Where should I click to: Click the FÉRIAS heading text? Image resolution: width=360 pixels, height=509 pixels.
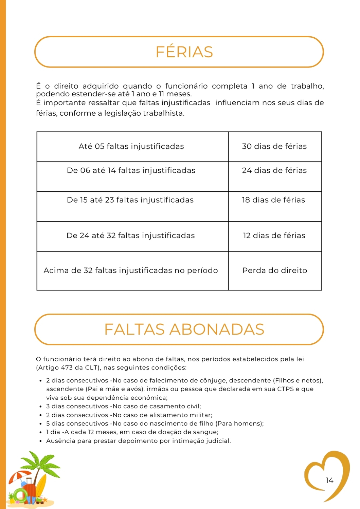(x=184, y=52)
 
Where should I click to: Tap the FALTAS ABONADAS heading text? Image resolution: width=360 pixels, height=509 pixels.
(x=184, y=329)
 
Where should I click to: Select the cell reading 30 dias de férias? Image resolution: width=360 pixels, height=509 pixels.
(x=274, y=146)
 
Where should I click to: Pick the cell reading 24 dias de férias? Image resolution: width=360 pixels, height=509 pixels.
(x=274, y=170)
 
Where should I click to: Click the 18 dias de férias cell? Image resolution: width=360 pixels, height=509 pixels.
(x=273, y=200)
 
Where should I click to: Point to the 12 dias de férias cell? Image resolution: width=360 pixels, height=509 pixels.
(x=274, y=235)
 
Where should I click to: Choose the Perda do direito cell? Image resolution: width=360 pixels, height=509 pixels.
(x=275, y=270)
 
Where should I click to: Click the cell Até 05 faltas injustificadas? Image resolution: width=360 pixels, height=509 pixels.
(x=131, y=146)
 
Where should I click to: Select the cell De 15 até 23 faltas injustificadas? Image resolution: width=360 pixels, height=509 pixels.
(x=130, y=200)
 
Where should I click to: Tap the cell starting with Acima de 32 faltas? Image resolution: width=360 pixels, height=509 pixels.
(x=131, y=270)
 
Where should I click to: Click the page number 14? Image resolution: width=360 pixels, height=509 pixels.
(x=329, y=480)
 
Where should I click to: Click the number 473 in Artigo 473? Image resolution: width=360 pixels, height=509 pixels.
(x=67, y=367)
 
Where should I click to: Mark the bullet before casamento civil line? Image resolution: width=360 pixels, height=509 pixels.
(x=40, y=407)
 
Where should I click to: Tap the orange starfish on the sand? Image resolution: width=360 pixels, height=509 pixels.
(x=44, y=499)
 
